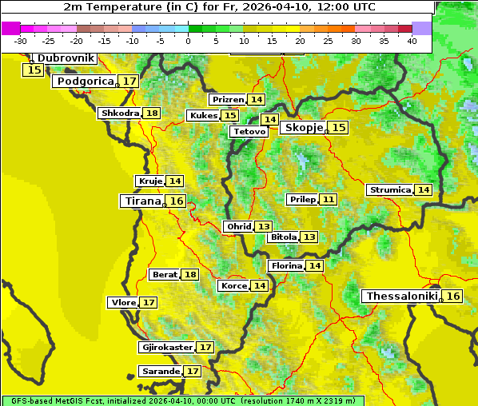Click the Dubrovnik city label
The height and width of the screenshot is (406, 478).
coord(66,58)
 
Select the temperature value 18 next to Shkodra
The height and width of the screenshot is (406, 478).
coord(152,113)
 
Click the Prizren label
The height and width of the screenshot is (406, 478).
coord(228,100)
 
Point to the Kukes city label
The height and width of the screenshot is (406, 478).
coord(203,116)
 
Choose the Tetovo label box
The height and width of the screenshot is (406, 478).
coord(249,131)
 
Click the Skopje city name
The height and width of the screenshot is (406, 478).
coord(302,128)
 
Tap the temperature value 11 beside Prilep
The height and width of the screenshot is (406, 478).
coord(329,199)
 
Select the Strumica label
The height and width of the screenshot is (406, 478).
coord(390,190)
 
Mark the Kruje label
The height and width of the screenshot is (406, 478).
coord(150,181)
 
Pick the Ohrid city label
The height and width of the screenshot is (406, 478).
coord(238,227)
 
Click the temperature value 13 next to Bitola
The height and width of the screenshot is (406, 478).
coord(309,237)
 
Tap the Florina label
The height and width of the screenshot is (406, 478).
coord(286,265)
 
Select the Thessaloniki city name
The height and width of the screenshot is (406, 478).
coord(401,297)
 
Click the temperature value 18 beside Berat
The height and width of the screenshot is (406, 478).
coord(189,275)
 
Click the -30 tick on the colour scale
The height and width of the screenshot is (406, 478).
coord(21,41)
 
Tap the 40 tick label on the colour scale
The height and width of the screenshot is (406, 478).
coord(412,41)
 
